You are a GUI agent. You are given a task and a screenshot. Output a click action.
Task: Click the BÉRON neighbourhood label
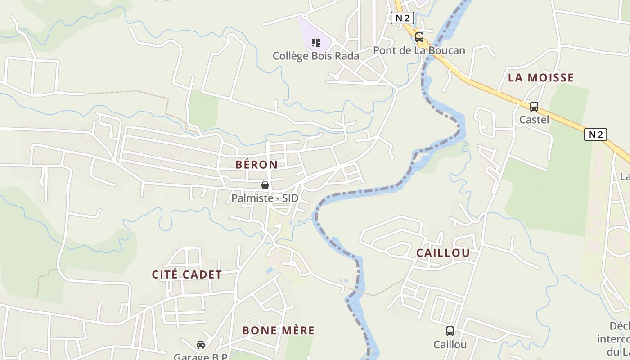click(256, 165)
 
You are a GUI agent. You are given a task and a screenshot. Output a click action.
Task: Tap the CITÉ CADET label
click(187, 274)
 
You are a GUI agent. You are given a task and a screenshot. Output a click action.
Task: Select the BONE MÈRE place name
click(278, 330)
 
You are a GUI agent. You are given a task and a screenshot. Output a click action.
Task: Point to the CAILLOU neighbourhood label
click(443, 253)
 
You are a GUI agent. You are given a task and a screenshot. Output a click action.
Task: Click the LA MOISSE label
click(541, 78)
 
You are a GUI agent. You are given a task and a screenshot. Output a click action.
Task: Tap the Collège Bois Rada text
click(316, 56)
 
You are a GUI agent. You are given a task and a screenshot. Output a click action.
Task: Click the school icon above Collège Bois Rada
click(316, 43)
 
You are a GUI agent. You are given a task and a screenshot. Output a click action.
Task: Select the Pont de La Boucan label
click(419, 50)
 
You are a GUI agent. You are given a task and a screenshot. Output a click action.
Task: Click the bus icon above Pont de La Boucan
click(419, 37)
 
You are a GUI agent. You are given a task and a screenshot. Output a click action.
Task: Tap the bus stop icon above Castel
click(534, 107)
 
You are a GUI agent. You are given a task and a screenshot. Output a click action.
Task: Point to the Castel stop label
click(534, 120)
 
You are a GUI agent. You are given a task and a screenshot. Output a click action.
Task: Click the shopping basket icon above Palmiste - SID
click(265, 185)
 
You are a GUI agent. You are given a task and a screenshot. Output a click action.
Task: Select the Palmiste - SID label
click(265, 198)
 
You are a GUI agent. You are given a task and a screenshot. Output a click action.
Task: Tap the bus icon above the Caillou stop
click(450, 331)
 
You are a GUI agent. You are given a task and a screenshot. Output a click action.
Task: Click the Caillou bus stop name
click(450, 345)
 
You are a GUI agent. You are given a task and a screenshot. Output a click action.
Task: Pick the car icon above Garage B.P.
click(201, 345)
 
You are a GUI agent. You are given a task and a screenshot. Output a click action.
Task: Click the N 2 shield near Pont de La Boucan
click(402, 18)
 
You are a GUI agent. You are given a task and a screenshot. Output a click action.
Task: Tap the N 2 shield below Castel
click(595, 134)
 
